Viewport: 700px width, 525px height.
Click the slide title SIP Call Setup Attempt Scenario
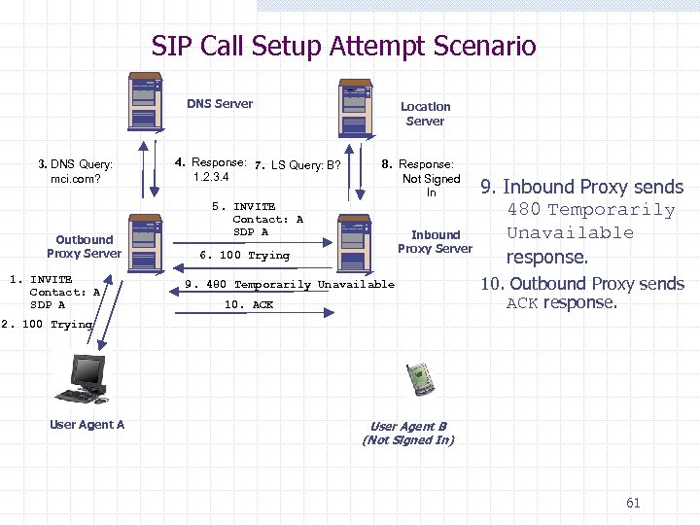(x=343, y=46)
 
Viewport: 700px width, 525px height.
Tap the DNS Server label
(x=220, y=104)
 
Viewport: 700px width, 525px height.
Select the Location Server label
(x=426, y=114)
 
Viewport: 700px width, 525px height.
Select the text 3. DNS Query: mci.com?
(x=76, y=172)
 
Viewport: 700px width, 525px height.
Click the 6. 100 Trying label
(x=244, y=256)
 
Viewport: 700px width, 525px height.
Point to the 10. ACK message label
(x=249, y=305)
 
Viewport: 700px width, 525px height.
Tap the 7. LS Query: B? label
(x=297, y=165)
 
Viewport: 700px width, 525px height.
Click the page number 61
(x=633, y=503)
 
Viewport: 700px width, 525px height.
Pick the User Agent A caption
(x=87, y=425)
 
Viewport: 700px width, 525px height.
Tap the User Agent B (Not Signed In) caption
(x=408, y=434)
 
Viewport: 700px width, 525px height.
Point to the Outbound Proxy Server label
(x=85, y=247)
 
